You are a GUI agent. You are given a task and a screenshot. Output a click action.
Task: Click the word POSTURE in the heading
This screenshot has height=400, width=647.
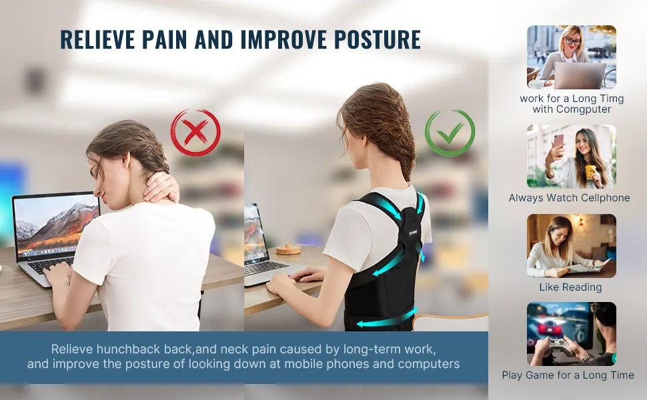pyautogui.click(x=377, y=39)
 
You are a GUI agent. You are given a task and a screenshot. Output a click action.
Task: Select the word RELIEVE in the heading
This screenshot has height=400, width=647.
pyautogui.click(x=97, y=39)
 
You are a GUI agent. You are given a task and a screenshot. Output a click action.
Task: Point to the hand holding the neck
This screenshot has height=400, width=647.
pyautogui.click(x=161, y=189)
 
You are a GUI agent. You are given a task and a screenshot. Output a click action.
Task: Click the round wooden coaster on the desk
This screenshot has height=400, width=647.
pyautogui.click(x=288, y=249)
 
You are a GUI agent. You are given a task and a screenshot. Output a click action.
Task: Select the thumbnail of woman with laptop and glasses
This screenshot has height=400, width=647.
pyautogui.click(x=572, y=57)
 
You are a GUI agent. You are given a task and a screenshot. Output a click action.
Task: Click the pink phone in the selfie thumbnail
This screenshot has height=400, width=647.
pyautogui.click(x=558, y=141)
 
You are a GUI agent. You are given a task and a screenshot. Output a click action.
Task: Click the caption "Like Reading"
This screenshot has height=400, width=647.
pyautogui.click(x=570, y=287)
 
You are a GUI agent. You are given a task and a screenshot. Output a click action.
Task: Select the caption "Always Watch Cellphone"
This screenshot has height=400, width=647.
pyautogui.click(x=569, y=198)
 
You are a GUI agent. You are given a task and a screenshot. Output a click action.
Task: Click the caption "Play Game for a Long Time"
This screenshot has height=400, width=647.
pyautogui.click(x=568, y=375)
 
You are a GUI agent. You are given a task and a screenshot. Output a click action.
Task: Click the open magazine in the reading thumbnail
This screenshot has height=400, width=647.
pyautogui.click(x=588, y=265)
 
